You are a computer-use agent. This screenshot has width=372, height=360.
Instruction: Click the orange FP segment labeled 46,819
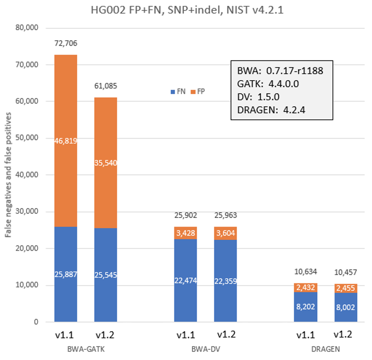click(66, 141)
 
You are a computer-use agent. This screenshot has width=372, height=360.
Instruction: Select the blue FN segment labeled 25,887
click(66, 274)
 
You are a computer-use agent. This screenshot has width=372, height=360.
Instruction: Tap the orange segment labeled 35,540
click(105, 162)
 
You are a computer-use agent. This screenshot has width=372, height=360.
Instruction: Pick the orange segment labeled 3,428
click(186, 233)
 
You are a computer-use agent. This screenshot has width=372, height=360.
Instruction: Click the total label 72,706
click(66, 44)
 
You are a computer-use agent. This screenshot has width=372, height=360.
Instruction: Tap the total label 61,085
click(105, 87)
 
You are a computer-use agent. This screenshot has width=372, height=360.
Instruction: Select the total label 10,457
click(345, 271)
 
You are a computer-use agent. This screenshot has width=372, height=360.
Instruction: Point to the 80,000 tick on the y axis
click(26, 28)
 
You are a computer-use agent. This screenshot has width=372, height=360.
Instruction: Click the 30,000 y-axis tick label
click(26, 212)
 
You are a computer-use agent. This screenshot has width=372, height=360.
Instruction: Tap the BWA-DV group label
click(205, 349)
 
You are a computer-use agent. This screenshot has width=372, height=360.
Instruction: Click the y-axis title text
click(9, 175)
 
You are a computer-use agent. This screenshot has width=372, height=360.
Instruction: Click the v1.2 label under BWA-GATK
click(105, 335)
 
